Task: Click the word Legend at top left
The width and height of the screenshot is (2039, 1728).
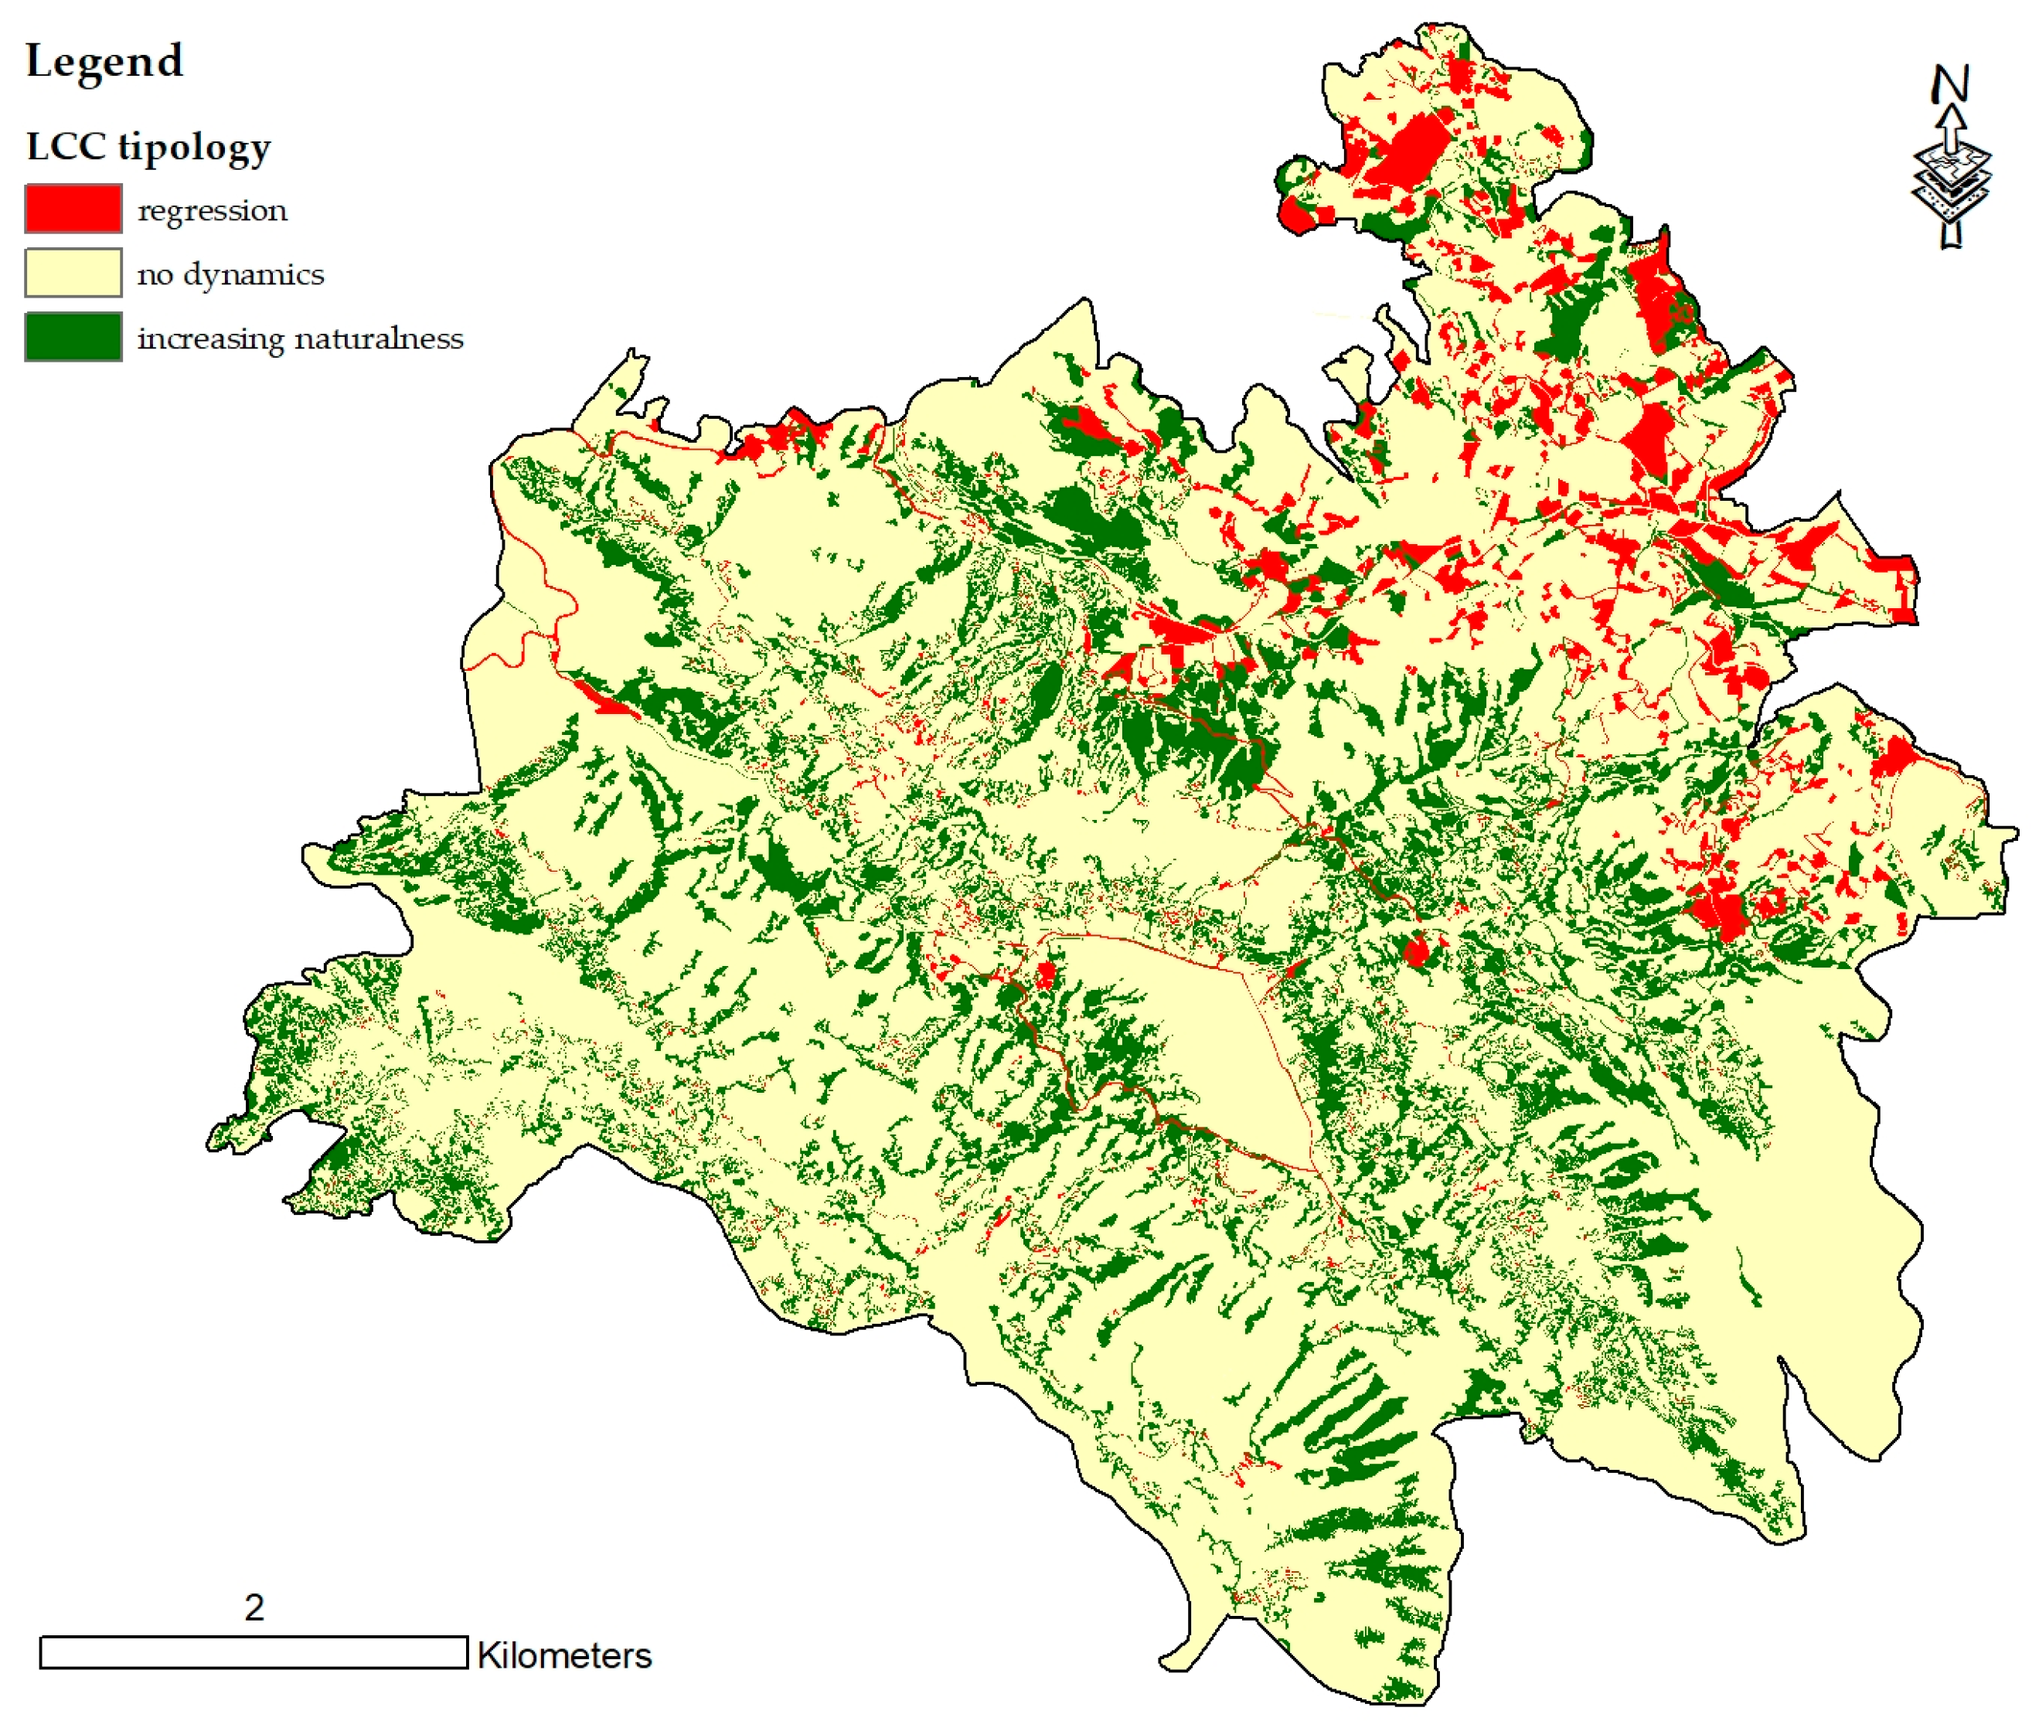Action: click(x=104, y=62)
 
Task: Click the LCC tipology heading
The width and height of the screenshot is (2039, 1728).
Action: click(x=148, y=148)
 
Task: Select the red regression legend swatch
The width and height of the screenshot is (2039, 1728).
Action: click(x=73, y=209)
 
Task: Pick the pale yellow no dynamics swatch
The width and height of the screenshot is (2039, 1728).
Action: click(x=73, y=274)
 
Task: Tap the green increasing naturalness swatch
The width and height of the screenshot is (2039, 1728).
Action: click(x=73, y=337)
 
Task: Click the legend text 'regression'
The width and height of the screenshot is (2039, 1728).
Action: click(x=213, y=212)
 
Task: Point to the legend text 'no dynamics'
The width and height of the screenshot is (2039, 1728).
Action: click(x=230, y=275)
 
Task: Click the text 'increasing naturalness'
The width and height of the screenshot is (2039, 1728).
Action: click(x=300, y=339)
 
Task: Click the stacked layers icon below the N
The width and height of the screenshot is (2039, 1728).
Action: click(x=1951, y=182)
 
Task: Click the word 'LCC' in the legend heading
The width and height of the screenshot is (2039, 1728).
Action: click(x=66, y=147)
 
